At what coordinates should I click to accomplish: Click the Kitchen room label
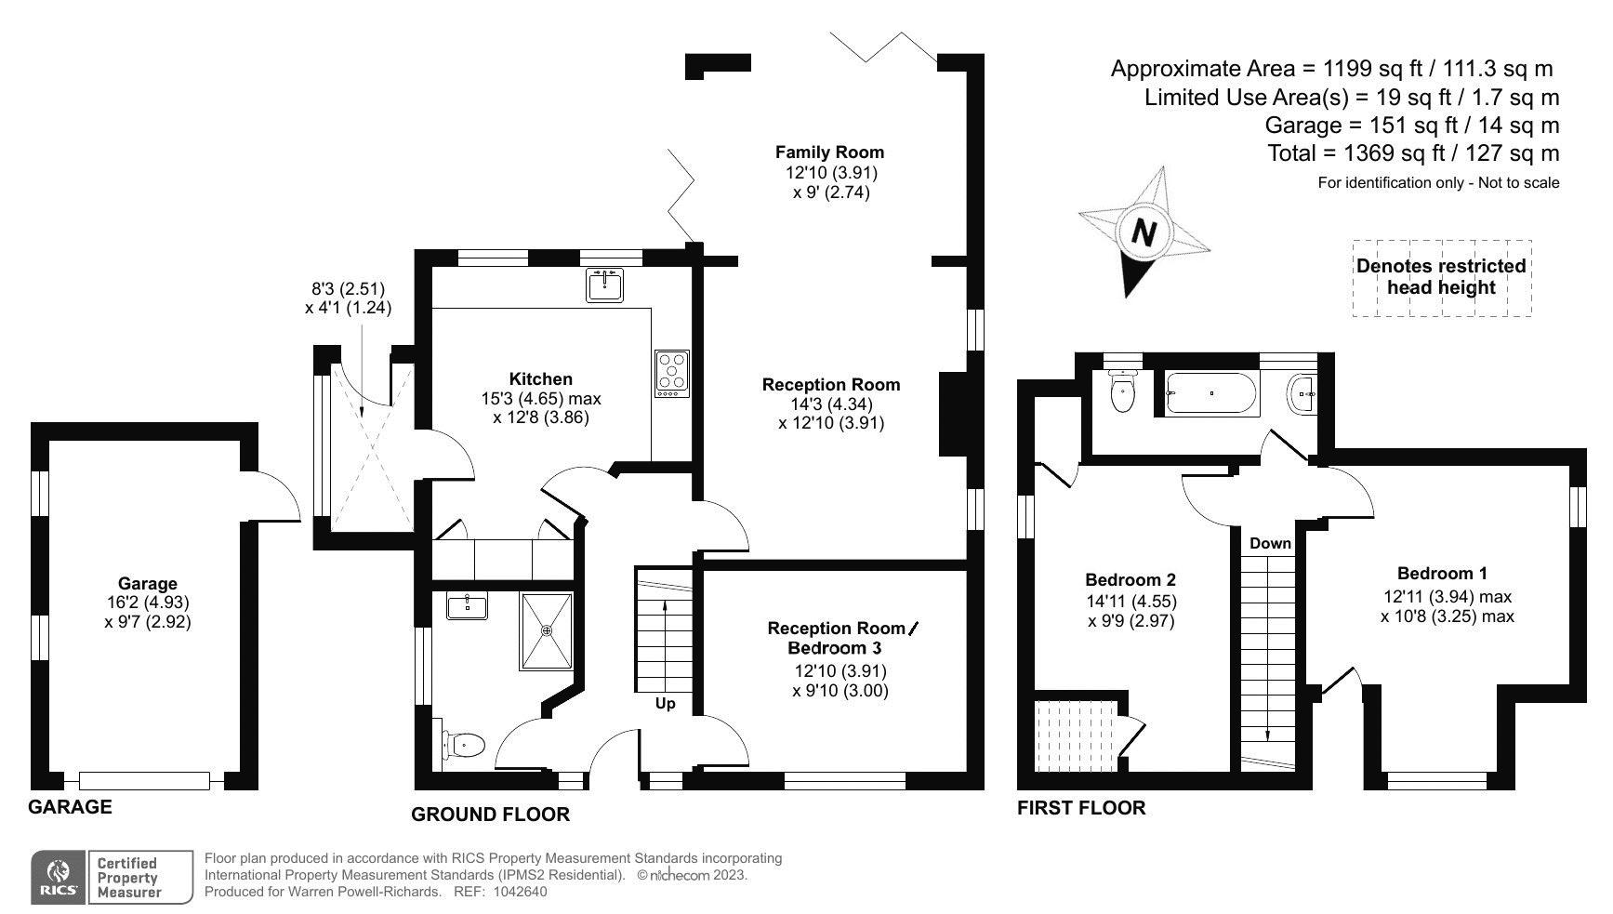(x=540, y=378)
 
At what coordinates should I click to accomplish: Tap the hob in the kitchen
(x=672, y=374)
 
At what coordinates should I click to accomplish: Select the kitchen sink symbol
(x=605, y=285)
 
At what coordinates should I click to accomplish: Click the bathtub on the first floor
(x=1211, y=393)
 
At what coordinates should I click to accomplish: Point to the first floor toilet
(x=1124, y=391)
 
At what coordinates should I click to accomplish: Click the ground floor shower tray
(x=547, y=631)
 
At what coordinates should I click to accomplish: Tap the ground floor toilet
(x=464, y=745)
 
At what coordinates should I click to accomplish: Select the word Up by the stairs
(x=666, y=704)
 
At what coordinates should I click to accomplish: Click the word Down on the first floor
(x=1270, y=543)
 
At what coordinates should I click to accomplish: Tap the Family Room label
(x=830, y=152)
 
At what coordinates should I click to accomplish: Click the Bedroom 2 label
(x=1131, y=581)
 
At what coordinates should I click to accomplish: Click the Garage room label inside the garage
(x=147, y=584)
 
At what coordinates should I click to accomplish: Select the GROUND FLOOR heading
(x=490, y=815)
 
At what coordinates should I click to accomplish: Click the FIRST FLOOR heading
(x=1081, y=807)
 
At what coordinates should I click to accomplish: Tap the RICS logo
(x=59, y=877)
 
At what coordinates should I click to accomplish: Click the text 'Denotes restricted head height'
(x=1441, y=276)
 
